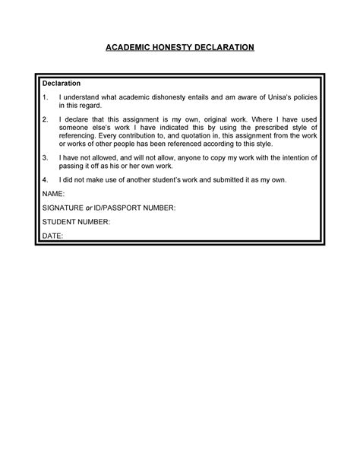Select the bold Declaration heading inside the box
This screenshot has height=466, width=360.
click(x=62, y=83)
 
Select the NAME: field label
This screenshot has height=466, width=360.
click(x=55, y=195)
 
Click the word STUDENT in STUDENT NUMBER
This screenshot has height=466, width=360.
click(x=58, y=222)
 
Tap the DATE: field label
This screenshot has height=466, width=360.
click(x=53, y=236)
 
